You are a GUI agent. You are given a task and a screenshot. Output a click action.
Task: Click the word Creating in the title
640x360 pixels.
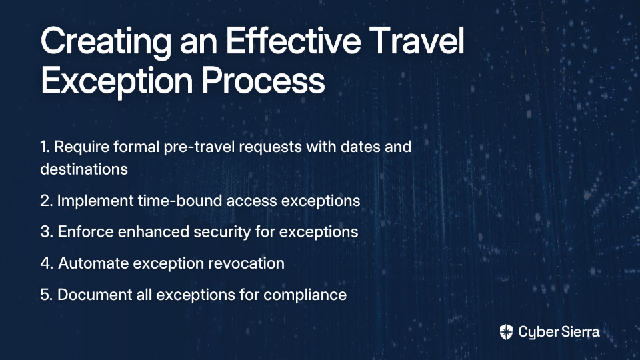[x=106, y=42]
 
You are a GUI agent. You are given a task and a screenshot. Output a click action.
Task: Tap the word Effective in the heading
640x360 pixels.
[x=293, y=40]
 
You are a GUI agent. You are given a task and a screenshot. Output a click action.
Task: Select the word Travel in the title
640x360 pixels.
[x=419, y=40]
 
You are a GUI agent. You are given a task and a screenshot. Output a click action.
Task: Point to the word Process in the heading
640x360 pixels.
[x=263, y=81]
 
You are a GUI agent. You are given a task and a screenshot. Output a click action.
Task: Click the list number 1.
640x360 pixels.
[x=45, y=147]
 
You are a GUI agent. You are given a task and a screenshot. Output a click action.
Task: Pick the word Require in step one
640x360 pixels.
[x=81, y=147]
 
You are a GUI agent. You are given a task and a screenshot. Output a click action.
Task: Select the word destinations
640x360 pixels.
[x=84, y=169]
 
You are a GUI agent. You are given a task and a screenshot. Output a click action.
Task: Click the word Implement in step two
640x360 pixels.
[x=95, y=201]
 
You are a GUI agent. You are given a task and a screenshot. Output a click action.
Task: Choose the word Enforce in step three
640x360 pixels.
[x=86, y=231]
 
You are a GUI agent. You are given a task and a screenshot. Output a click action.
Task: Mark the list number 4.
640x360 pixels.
[x=47, y=263]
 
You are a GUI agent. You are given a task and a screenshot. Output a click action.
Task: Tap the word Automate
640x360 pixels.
[x=93, y=263]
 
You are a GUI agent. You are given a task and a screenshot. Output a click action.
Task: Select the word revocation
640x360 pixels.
[x=246, y=263]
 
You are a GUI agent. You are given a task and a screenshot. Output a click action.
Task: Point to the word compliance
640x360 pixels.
[x=305, y=295]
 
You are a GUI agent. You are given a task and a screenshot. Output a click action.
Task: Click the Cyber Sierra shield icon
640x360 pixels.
[x=506, y=332]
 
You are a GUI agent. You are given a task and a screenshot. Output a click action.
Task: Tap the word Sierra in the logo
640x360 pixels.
[x=579, y=332]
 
